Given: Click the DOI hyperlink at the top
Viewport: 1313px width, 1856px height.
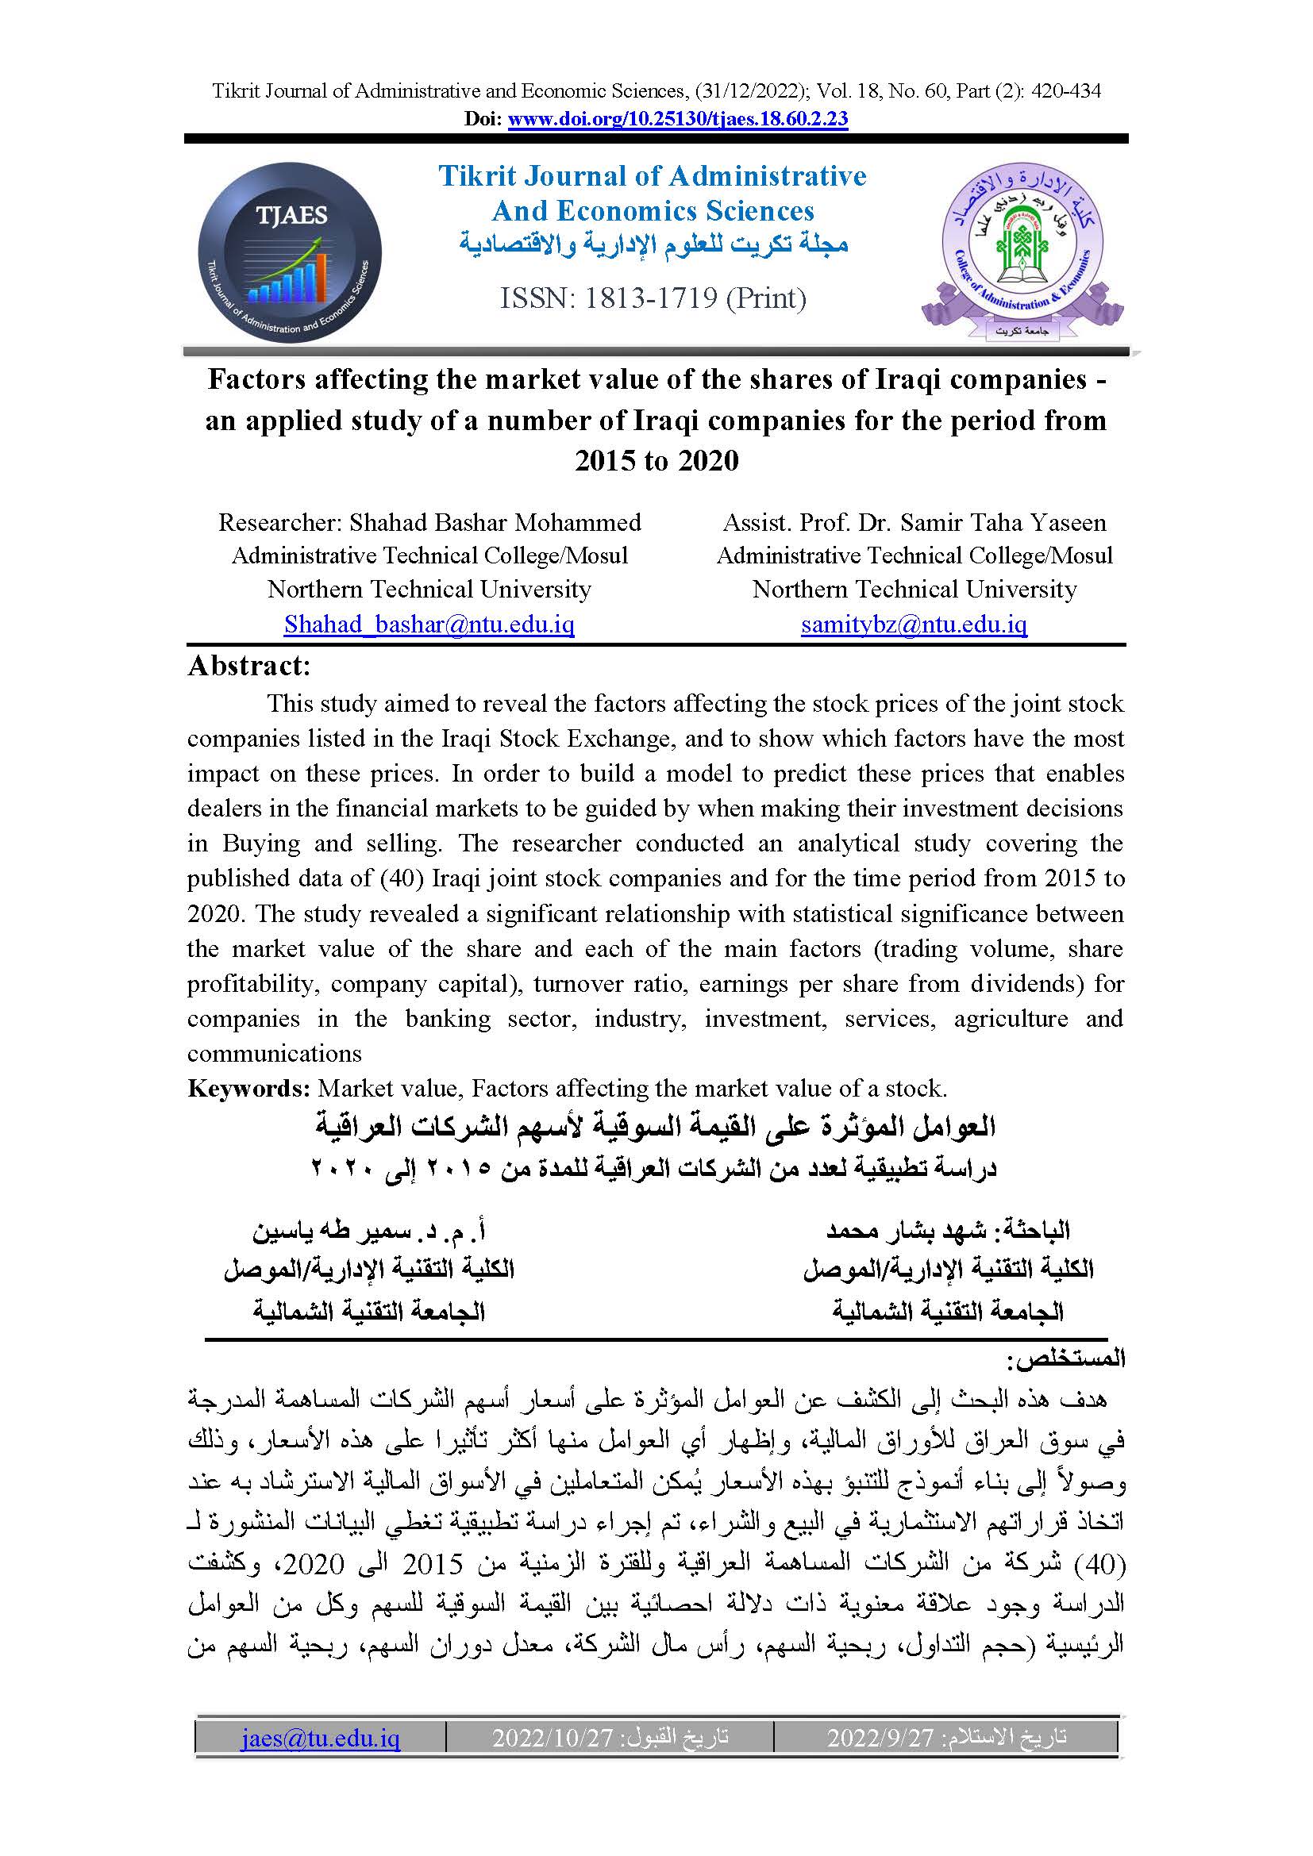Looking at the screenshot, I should point(677,119).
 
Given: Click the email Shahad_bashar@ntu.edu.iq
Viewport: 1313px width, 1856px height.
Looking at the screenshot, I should point(429,624).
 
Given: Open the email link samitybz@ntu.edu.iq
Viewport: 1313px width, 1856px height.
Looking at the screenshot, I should point(914,624).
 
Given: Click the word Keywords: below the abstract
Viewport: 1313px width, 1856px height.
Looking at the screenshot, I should point(249,1089).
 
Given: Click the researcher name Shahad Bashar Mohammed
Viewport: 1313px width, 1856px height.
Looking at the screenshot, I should point(495,522).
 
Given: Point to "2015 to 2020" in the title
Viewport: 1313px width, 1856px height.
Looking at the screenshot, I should point(656,461).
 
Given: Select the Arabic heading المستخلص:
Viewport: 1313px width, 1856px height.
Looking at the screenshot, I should point(1065,1360).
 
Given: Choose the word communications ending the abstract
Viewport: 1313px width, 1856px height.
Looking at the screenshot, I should point(274,1054).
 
